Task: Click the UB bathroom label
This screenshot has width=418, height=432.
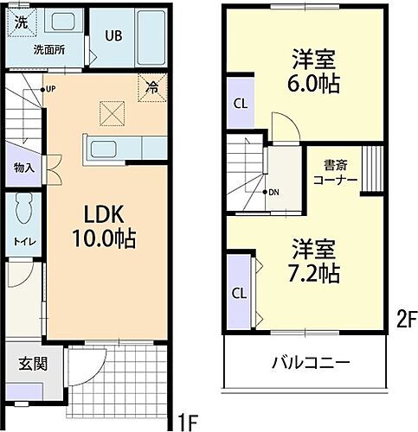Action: click(114, 35)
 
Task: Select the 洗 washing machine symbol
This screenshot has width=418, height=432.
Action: click(19, 23)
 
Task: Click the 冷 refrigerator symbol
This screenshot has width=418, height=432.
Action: click(151, 86)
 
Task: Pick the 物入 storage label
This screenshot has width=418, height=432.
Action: click(24, 167)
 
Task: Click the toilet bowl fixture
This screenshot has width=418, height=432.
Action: click(25, 208)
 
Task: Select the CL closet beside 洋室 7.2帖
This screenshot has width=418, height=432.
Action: click(238, 292)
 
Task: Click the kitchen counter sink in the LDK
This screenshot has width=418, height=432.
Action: click(110, 148)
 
